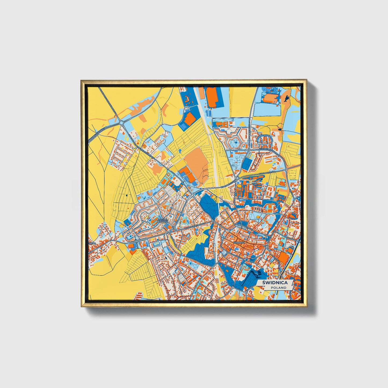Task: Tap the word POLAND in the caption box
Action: (x=278, y=288)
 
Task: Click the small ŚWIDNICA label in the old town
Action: (x=239, y=242)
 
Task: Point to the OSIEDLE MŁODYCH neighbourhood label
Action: (x=162, y=220)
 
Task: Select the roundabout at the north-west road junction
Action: (x=122, y=123)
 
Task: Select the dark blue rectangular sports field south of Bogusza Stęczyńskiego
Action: (x=246, y=164)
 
